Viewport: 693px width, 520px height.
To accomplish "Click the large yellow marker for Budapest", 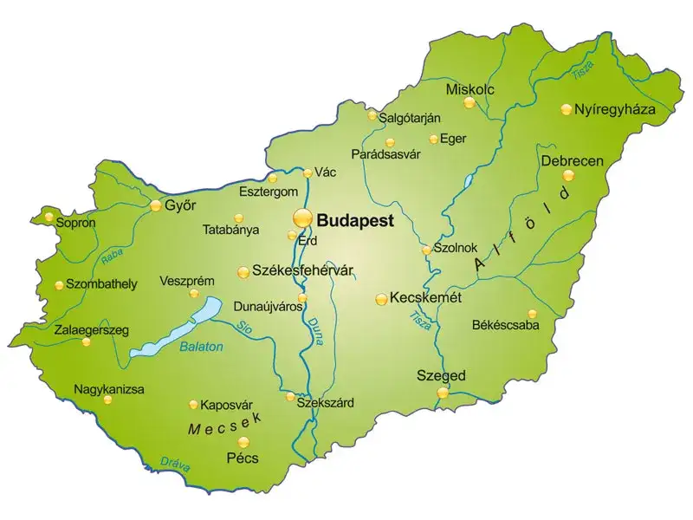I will [302, 217].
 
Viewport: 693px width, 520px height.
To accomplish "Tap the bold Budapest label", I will [356, 219].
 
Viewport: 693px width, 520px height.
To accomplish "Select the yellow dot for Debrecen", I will [568, 175].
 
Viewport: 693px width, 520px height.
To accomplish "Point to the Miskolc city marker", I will [469, 102].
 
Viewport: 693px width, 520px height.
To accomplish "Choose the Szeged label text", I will [441, 375].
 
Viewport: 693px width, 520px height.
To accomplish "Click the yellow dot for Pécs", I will [243, 441].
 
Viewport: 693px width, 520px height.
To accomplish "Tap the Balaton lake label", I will [201, 347].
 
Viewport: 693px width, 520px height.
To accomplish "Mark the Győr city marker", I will [156, 206].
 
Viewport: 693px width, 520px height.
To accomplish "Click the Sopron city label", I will [75, 223].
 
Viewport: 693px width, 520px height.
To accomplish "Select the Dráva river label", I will [176, 464].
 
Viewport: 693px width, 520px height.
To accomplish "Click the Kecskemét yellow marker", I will [381, 299].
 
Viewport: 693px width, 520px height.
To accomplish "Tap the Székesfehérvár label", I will [303, 270].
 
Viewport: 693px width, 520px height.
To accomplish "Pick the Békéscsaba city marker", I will [532, 314].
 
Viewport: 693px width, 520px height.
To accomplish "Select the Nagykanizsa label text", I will [109, 389].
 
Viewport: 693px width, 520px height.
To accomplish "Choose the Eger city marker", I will [433, 139].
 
